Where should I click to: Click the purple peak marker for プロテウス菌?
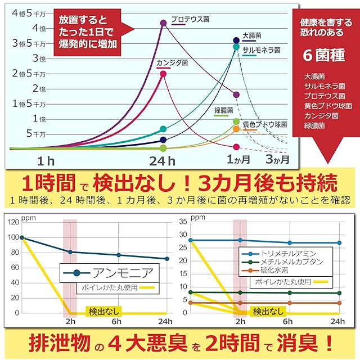click(163, 23)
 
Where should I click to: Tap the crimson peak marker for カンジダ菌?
click(163, 74)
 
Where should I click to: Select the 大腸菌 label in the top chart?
click(249, 35)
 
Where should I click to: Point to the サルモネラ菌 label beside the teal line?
click(261, 50)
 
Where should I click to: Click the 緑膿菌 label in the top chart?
click(223, 110)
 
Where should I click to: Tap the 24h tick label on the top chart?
click(163, 161)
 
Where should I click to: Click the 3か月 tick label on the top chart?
click(277, 159)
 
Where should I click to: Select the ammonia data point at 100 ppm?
click(22, 237)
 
